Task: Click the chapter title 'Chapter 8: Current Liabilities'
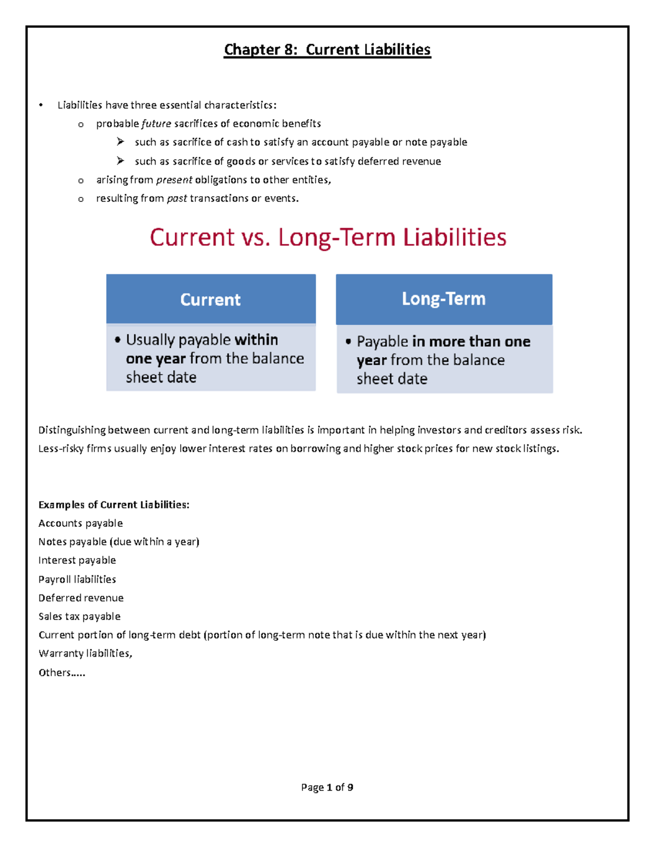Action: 327,50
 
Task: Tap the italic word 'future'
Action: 156,124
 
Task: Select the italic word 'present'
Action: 174,180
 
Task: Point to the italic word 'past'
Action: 177,199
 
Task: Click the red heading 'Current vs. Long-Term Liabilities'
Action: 328,238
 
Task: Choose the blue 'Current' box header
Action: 211,299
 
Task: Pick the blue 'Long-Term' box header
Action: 444,299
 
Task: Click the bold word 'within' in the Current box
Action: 256,340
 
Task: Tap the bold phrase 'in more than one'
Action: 471,341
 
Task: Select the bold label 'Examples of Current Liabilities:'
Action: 114,505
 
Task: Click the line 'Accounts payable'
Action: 80,524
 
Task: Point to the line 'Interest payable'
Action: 77,561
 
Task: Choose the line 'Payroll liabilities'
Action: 77,579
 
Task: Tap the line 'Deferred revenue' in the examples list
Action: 81,598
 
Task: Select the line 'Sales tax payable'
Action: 79,616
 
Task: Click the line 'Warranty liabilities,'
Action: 85,653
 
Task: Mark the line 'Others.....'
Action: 62,672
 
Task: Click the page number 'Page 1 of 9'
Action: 327,788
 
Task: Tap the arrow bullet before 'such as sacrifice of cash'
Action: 120,142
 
